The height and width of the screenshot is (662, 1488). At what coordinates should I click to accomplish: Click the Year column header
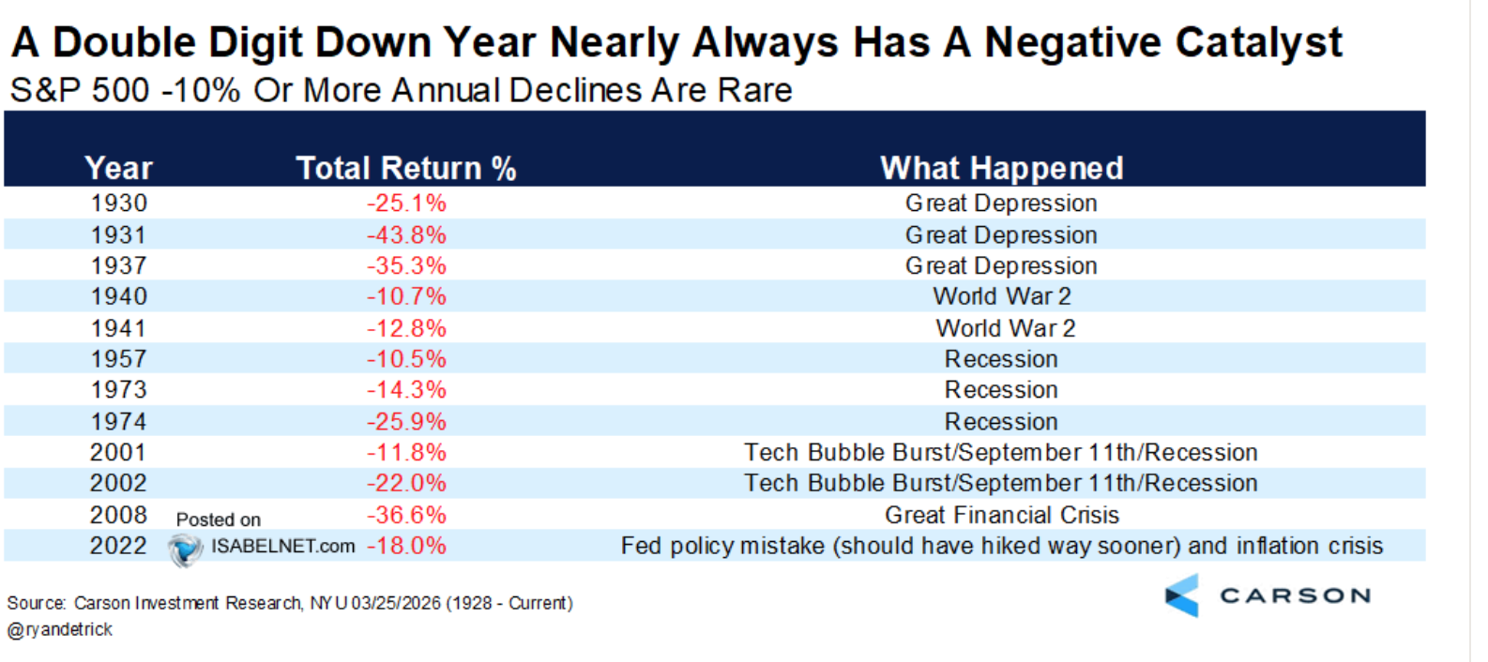click(x=119, y=168)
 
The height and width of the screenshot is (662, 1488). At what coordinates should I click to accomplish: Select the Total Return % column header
click(x=406, y=168)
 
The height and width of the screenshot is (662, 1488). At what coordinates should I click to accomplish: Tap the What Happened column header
click(x=1002, y=168)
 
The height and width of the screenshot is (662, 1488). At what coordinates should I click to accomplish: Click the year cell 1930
click(x=119, y=203)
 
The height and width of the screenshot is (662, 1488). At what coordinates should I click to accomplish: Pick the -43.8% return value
click(x=406, y=235)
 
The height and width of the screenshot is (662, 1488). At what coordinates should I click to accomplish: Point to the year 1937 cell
click(x=119, y=265)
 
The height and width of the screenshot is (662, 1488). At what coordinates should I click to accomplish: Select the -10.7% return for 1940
click(x=406, y=296)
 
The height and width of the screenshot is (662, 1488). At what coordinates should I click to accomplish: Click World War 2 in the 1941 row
click(x=1005, y=328)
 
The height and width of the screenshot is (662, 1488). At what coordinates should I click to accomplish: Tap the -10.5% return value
click(x=406, y=358)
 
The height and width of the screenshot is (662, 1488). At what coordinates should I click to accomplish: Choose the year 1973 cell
click(x=119, y=390)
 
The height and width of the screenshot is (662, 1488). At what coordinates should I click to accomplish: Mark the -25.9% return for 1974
click(x=406, y=422)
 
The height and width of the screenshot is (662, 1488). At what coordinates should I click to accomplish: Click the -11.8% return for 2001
click(x=406, y=452)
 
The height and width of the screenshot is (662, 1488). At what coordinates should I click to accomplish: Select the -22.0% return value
click(x=406, y=483)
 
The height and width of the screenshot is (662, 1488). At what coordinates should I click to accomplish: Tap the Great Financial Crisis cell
click(x=1002, y=515)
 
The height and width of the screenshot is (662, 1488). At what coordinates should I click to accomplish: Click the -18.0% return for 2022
click(x=406, y=546)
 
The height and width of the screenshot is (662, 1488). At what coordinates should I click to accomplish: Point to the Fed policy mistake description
click(x=1002, y=546)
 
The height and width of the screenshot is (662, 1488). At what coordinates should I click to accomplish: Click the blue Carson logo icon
click(x=1182, y=595)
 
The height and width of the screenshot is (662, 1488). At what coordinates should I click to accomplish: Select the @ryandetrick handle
click(x=60, y=629)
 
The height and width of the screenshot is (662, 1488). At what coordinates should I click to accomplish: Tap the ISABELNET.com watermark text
click(x=283, y=546)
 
